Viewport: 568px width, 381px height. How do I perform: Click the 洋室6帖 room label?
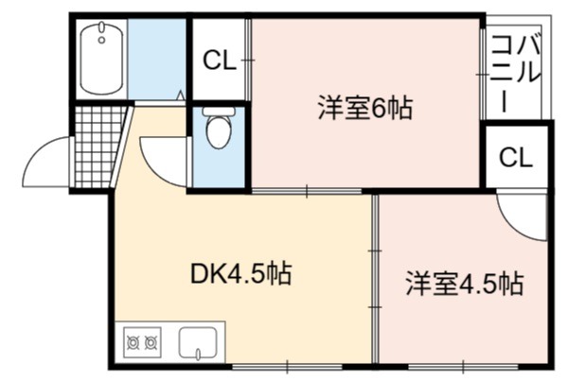364,108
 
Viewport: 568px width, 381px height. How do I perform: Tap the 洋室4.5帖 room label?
465,284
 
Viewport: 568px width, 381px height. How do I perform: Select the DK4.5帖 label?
240,274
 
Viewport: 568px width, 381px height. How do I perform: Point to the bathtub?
102,58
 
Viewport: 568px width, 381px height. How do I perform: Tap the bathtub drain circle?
102,40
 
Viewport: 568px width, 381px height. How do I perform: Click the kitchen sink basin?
198,343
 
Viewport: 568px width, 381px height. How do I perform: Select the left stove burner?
133,342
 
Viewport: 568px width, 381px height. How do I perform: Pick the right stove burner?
151,342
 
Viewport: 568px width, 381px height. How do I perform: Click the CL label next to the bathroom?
220,61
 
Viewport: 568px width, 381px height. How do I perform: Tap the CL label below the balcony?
516,157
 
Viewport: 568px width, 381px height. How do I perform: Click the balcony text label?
516,73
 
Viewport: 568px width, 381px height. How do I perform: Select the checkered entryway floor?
98,147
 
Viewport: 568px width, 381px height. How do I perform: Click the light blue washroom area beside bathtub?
156,59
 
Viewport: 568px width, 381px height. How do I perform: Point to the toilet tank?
219,111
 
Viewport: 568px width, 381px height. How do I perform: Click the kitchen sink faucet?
198,354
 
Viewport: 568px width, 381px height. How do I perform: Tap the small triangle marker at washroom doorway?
181,95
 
